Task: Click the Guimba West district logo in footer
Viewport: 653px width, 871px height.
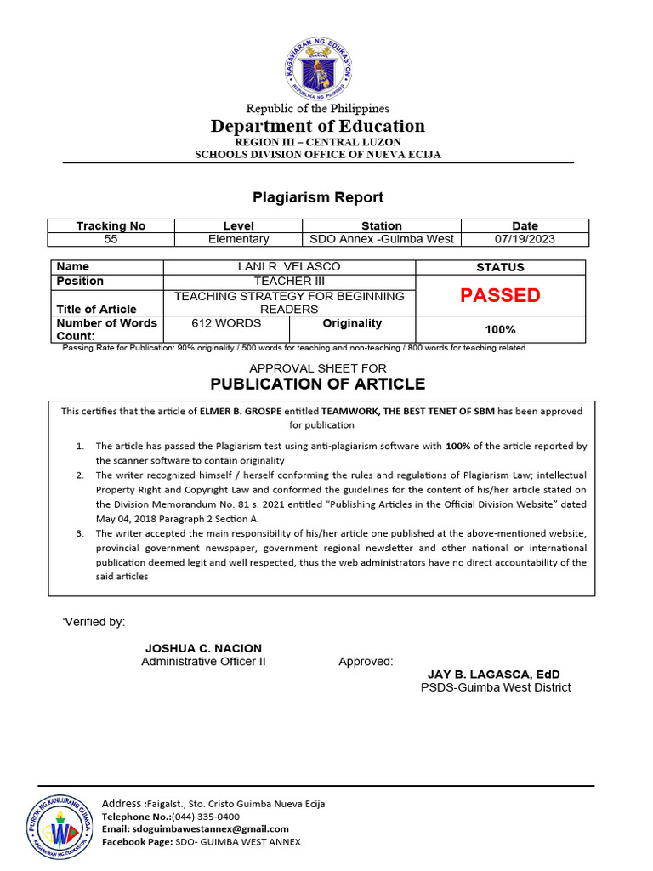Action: pyautogui.click(x=60, y=824)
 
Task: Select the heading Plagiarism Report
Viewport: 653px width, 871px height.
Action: pyautogui.click(x=318, y=197)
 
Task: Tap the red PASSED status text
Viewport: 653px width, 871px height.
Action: pyautogui.click(x=500, y=295)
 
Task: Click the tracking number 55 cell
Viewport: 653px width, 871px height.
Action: pyautogui.click(x=111, y=239)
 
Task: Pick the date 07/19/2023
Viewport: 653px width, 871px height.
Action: pyautogui.click(x=525, y=239)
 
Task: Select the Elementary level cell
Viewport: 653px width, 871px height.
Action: pyautogui.click(x=239, y=239)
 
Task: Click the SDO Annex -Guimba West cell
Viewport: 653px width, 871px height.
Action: pyautogui.click(x=382, y=239)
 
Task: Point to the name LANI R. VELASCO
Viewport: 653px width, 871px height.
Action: pyautogui.click(x=289, y=267)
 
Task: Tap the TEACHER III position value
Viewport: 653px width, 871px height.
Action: pyautogui.click(x=289, y=281)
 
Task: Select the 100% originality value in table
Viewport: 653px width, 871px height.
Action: pyautogui.click(x=500, y=329)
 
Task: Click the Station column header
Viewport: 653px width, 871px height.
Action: pyautogui.click(x=382, y=225)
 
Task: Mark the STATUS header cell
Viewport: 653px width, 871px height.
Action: pyautogui.click(x=500, y=267)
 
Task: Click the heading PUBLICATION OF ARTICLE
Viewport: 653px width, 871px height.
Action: pyautogui.click(x=318, y=384)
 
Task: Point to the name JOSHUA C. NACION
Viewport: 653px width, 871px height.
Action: pyautogui.click(x=203, y=648)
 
